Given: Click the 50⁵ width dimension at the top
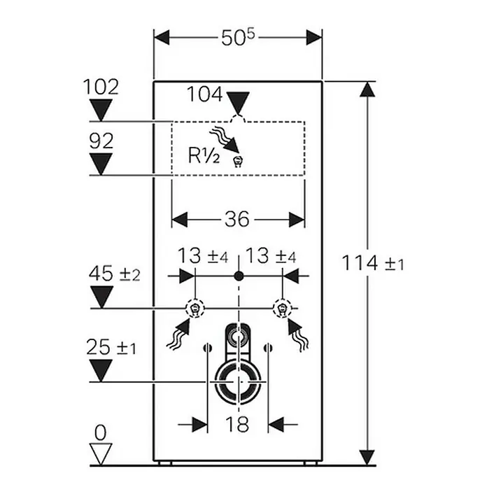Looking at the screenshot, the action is pos(238,38).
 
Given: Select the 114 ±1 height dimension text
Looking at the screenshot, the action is pos(373,263).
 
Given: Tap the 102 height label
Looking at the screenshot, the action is pos(101,87).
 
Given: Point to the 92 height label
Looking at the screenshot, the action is pos(101,141).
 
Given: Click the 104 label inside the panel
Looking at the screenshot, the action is pos(205,94).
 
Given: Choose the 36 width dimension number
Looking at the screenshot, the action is pos(237,219).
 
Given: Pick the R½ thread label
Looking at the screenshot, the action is pos(204,155).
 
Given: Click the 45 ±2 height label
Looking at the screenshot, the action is pos(115,274).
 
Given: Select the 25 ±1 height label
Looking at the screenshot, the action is pos(111,346).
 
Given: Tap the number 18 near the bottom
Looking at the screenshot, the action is pos(237,424).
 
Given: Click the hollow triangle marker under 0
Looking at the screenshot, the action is pos(101,454).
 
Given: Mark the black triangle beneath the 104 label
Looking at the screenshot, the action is pos(238,103).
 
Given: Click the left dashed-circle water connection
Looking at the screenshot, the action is pos(195,309).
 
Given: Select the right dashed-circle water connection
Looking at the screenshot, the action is pos(282,309).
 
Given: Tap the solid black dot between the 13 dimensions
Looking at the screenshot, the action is pos(239,276).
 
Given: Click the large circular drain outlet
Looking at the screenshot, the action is pos(238,381).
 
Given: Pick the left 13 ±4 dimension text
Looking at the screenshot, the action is pos(203,256).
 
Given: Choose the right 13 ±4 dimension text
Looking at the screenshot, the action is pos(271,256).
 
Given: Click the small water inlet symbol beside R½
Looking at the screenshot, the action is pos(238,162).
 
